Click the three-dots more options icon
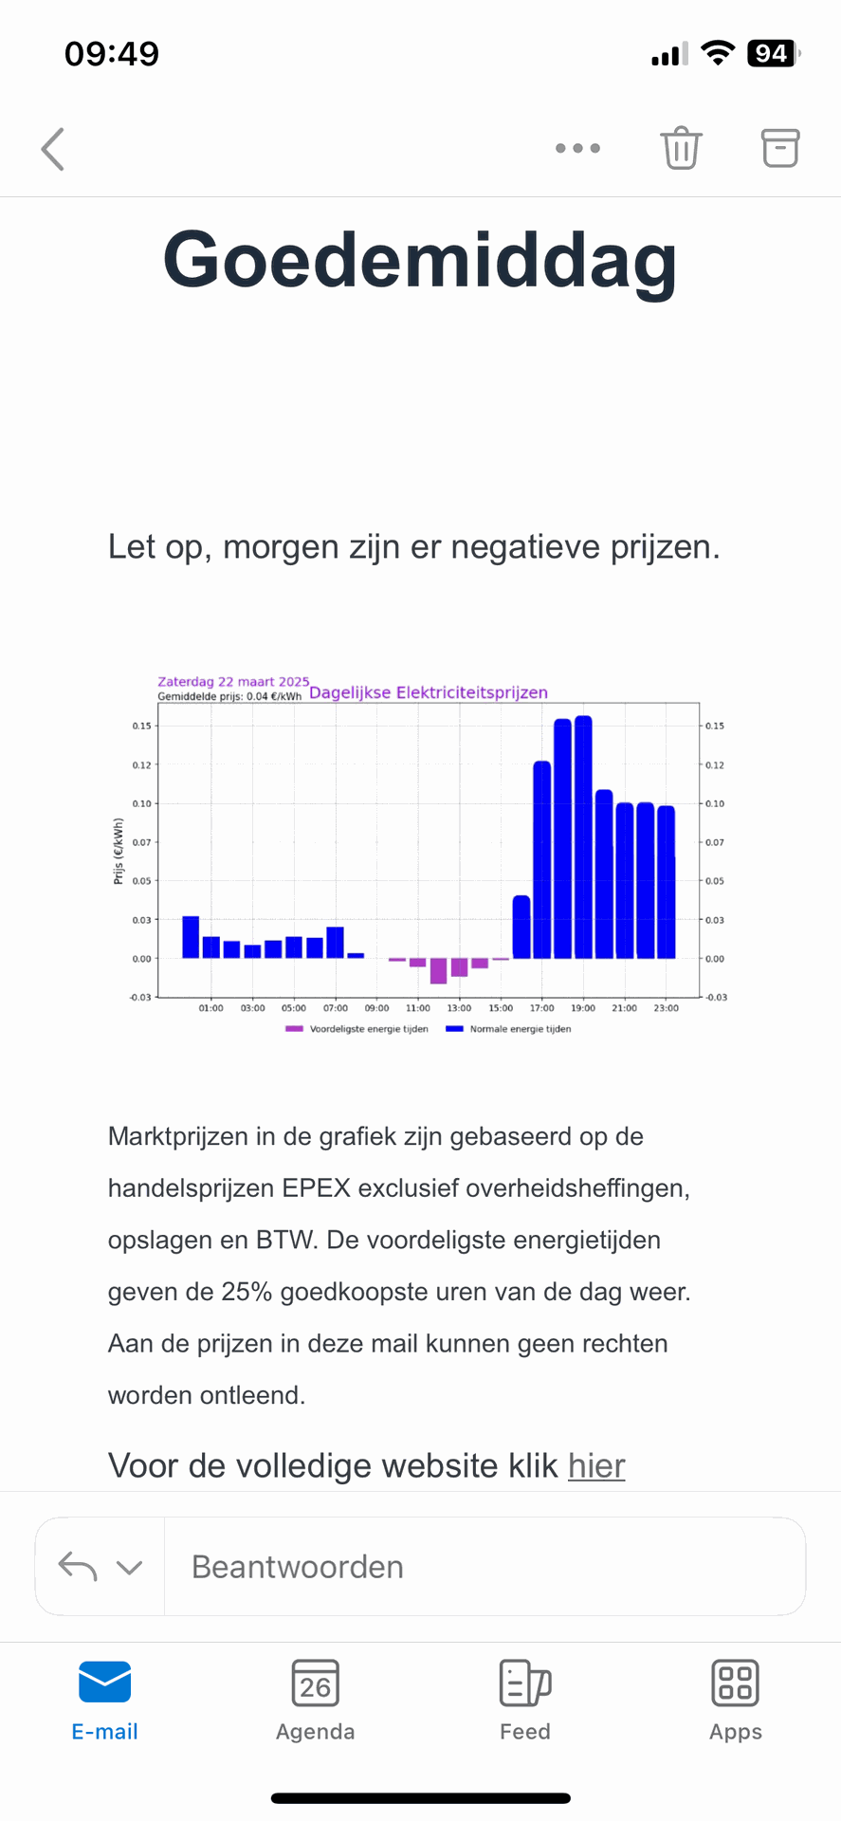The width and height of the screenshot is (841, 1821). (577, 148)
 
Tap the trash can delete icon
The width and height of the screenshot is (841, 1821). (681, 148)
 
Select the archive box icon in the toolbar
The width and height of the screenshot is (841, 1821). (780, 148)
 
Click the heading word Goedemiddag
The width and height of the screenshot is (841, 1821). (420, 260)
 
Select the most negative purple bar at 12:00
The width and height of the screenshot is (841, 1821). (438, 970)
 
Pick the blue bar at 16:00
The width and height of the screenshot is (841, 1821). (521, 927)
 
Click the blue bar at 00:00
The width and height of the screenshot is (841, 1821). (191, 936)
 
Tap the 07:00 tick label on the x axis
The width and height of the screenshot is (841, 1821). (336, 1008)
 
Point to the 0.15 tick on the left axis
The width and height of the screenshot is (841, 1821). (141, 726)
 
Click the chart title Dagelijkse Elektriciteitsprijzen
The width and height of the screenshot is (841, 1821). (429, 692)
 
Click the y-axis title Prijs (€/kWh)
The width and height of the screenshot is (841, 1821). (119, 851)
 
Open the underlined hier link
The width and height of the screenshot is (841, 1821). (596, 1466)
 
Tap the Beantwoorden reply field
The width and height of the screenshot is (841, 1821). (484, 1567)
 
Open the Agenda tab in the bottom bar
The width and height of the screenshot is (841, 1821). (315, 1701)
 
